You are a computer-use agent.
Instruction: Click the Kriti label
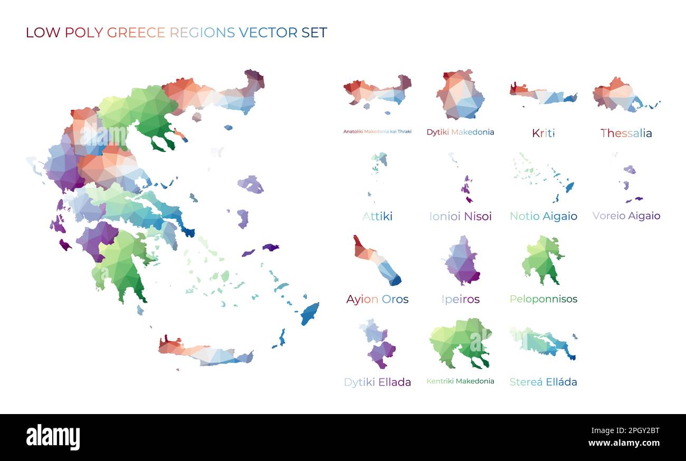(x=543, y=133)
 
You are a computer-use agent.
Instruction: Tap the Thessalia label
(x=626, y=133)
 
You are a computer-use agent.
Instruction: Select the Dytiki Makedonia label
(x=460, y=132)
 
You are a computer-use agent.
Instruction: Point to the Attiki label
(x=377, y=216)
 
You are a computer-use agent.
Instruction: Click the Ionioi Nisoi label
(x=460, y=216)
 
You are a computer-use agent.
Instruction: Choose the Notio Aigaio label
(x=543, y=216)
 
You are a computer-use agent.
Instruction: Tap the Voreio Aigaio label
(x=626, y=215)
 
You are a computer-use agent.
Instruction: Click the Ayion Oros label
(x=377, y=299)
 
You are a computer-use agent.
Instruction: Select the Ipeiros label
(x=460, y=299)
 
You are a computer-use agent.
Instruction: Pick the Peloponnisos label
(x=543, y=299)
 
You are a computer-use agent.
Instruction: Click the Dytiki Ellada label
(x=377, y=382)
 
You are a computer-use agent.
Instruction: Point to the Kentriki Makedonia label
(x=460, y=381)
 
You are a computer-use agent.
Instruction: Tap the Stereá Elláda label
(x=543, y=381)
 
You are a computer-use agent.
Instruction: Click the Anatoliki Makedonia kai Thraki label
(x=377, y=131)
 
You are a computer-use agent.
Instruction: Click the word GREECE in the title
(x=136, y=32)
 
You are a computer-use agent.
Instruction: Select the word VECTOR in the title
(x=268, y=32)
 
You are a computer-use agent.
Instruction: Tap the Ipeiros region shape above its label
(x=461, y=262)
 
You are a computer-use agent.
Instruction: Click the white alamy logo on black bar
(x=53, y=437)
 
